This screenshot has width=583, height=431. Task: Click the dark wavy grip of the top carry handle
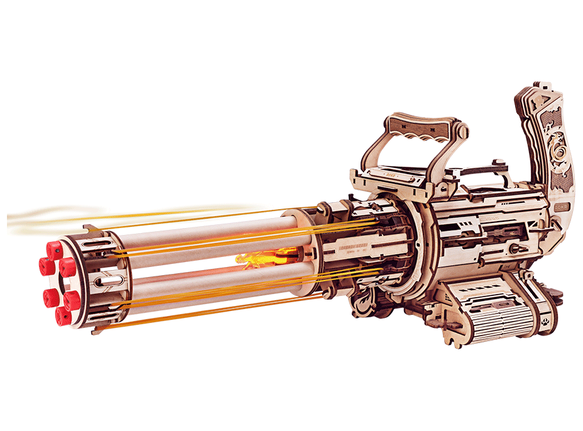click(419, 129)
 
